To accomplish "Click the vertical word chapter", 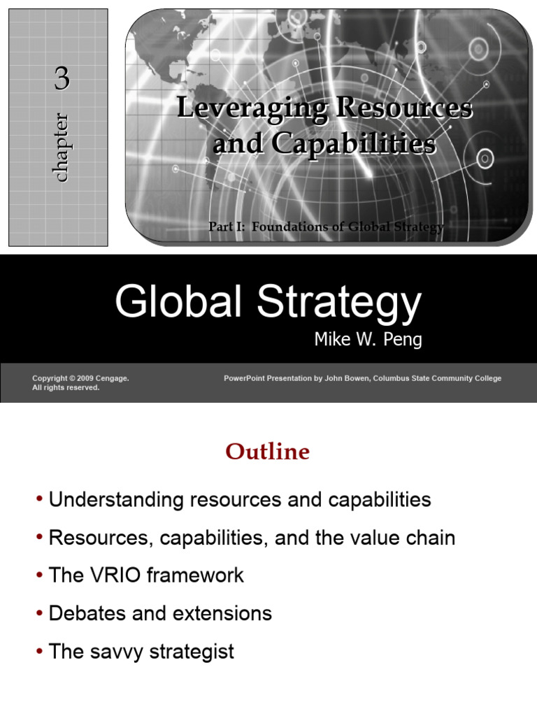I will [62, 148].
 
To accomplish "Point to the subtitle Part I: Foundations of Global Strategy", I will [326, 227].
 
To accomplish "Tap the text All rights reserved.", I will [66, 388].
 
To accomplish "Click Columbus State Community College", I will [437, 378].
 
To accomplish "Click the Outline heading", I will [268, 452].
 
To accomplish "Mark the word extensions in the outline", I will [222, 614].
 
